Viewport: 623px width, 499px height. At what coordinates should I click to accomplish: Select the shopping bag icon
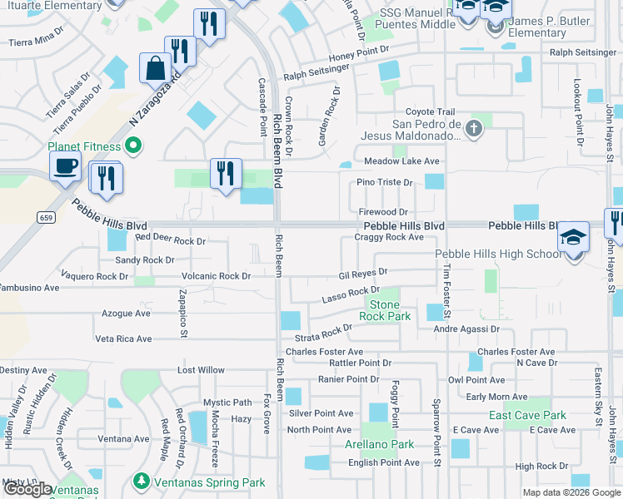point(156,68)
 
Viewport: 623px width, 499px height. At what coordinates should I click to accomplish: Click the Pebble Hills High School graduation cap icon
point(574,239)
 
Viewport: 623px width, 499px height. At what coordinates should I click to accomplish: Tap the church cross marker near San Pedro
point(473,128)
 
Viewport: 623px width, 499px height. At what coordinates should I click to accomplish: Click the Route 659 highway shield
point(47,216)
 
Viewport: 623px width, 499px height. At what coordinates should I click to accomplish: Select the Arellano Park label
point(381,444)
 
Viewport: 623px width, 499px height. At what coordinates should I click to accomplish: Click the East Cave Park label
point(527,415)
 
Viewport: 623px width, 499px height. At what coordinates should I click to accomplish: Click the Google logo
point(27,490)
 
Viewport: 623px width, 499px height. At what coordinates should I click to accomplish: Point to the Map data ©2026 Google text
point(571,492)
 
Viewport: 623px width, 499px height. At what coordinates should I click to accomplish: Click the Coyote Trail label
point(430,112)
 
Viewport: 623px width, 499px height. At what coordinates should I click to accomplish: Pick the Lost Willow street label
point(201,370)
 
